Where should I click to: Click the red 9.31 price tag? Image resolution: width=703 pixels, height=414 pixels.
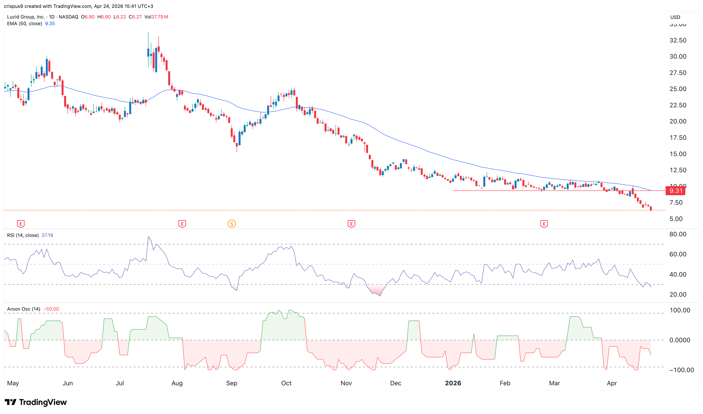click(675, 191)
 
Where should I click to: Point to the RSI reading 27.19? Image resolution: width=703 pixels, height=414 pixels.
click(47, 235)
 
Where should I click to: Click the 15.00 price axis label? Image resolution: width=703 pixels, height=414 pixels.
click(678, 154)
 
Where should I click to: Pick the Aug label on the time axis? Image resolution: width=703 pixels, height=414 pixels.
click(177, 383)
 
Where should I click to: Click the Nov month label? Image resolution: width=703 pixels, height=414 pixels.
click(346, 383)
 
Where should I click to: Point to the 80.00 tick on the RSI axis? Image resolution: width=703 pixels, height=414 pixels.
click(678, 234)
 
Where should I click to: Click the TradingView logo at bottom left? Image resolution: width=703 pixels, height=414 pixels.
click(36, 402)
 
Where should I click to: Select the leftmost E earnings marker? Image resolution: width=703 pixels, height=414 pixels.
click(21, 224)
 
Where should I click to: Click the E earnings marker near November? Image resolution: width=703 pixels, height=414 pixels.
click(351, 224)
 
